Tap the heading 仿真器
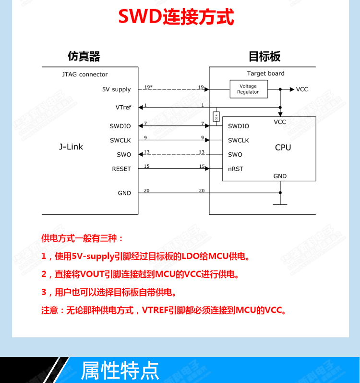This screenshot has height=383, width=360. (84, 57)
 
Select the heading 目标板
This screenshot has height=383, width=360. (264, 57)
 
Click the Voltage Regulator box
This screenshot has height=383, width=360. (248, 89)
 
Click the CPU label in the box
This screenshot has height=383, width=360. (283, 148)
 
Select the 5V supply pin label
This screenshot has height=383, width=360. (116, 89)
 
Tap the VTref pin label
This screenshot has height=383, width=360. (123, 107)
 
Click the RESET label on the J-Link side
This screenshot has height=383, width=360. (121, 169)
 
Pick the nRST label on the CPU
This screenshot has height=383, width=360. (235, 169)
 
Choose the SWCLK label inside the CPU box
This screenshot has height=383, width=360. (239, 140)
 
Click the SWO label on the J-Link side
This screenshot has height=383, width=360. (124, 155)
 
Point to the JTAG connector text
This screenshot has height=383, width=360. (85, 74)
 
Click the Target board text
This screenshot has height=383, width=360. (265, 74)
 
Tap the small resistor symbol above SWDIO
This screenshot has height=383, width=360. (216, 116)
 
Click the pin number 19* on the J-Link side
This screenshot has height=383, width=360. (148, 87)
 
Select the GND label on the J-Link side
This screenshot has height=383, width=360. (124, 193)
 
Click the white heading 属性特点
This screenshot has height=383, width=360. (120, 371)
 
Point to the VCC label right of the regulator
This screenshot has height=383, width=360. (302, 89)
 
